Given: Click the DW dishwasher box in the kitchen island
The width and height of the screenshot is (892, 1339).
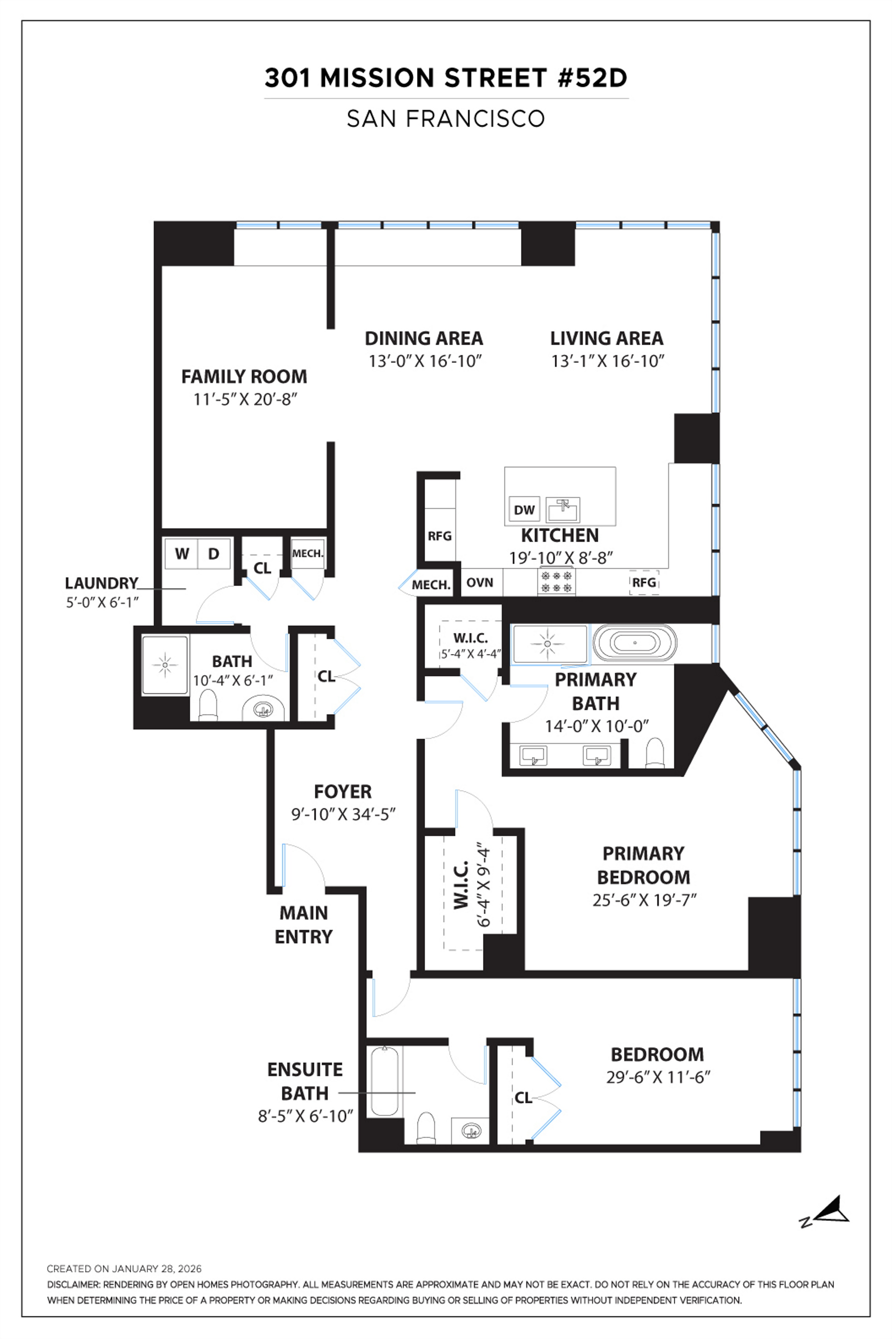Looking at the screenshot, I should coord(524,510).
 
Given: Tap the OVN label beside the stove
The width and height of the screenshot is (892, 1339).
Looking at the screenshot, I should coord(479,582).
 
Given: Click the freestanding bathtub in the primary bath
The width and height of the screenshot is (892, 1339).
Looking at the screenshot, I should coord(635,643).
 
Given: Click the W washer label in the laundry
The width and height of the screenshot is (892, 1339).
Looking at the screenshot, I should coord(182,553).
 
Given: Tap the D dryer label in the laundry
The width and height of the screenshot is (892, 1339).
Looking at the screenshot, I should coord(213,553).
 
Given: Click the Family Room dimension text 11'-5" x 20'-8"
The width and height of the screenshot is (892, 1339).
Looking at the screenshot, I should coord(244,399).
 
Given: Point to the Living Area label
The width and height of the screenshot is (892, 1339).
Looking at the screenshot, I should coord(607,338).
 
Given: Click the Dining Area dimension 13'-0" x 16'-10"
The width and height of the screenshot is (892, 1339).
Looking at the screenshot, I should coord(425,361).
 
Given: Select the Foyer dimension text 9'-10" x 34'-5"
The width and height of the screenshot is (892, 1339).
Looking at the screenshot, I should coord(343,814).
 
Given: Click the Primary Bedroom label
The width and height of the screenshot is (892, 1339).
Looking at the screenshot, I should coord(644,865).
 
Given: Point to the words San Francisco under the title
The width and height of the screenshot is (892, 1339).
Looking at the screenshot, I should coord(446,119).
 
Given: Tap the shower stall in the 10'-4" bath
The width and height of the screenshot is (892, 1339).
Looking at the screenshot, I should coord(165,665).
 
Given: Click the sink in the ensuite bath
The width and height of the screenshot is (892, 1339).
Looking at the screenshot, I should coord(471,1130).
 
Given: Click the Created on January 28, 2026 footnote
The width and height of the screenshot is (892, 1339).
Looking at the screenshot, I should coord(124,1269).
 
